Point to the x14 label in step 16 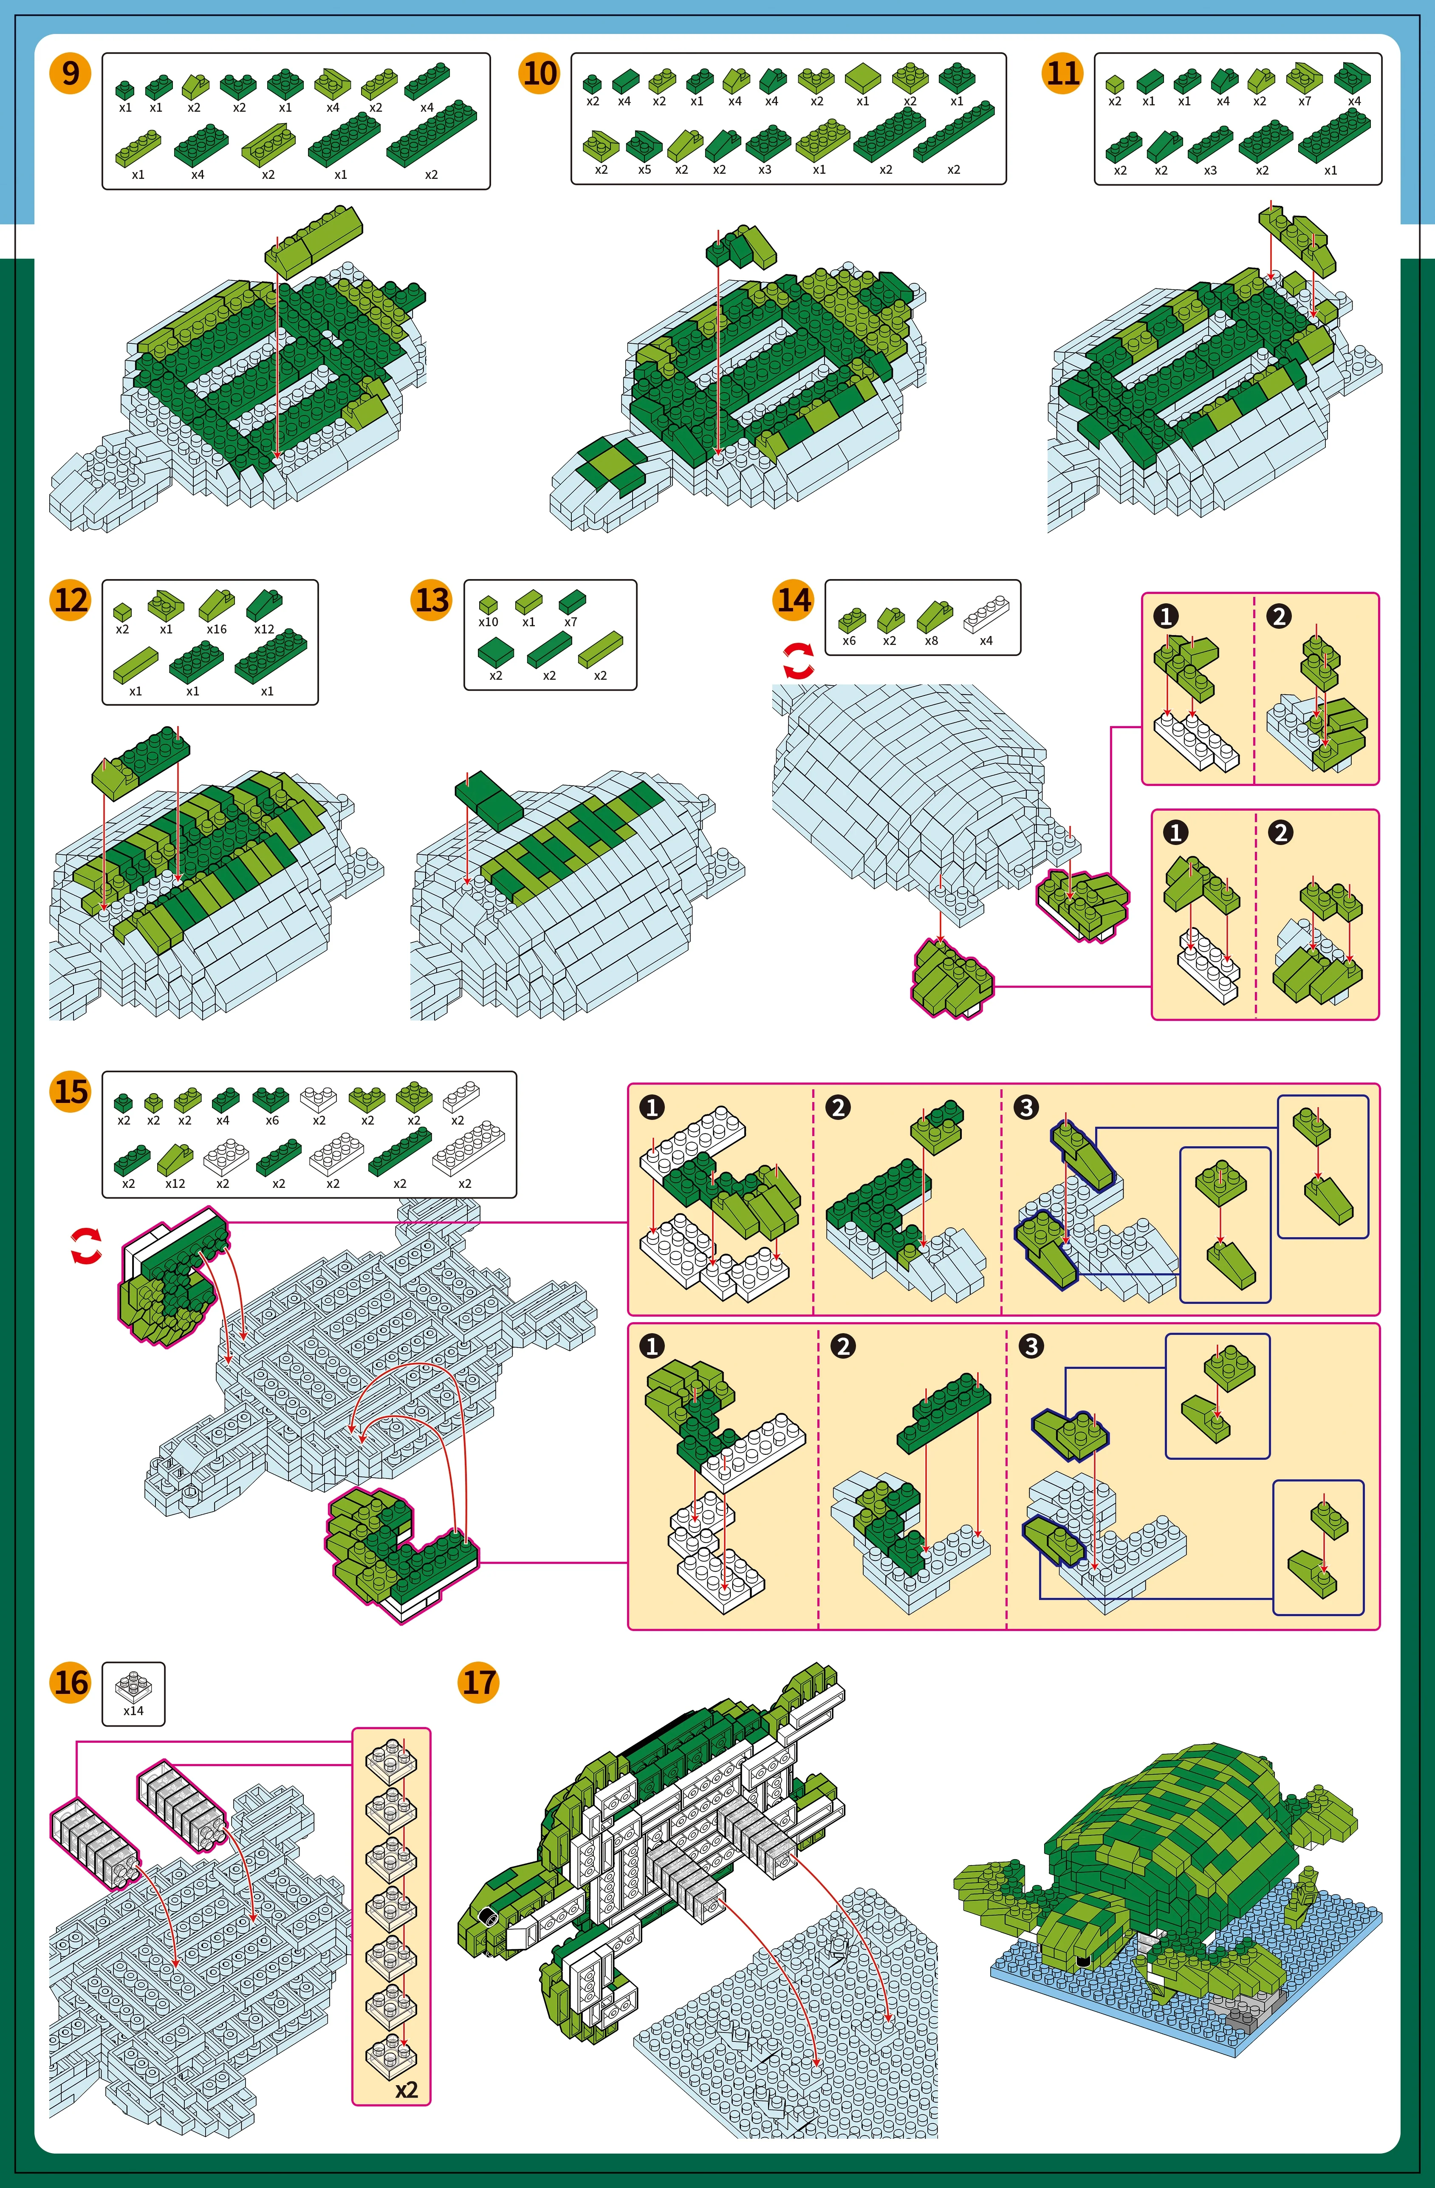pyautogui.click(x=133, y=1711)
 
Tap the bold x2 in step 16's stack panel pyautogui.click(x=406, y=2089)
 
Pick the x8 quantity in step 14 pyautogui.click(x=931, y=641)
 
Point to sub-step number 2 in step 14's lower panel pyautogui.click(x=1280, y=833)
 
